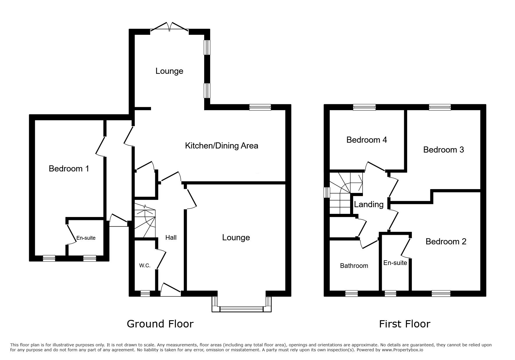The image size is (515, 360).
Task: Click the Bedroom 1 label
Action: (x=69, y=169)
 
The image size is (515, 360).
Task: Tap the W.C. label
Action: (x=145, y=265)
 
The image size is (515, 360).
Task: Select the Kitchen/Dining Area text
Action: (x=222, y=146)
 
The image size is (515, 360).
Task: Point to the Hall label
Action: (x=171, y=237)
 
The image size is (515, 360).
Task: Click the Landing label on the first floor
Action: (x=369, y=205)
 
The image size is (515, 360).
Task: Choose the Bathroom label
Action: (x=354, y=266)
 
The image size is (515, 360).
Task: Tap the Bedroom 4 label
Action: (x=367, y=140)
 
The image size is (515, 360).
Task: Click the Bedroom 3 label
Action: (x=443, y=150)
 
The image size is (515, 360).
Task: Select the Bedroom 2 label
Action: (x=446, y=241)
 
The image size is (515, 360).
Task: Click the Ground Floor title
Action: (x=160, y=324)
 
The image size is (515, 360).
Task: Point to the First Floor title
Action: (x=404, y=324)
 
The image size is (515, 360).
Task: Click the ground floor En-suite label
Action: (x=86, y=238)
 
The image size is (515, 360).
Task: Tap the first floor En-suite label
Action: (x=395, y=263)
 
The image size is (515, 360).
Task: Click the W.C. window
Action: (x=145, y=293)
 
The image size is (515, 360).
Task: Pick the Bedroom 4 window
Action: (x=364, y=107)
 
